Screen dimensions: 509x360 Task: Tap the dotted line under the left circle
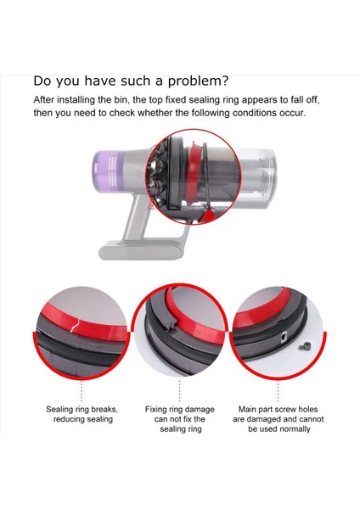tap(82, 391)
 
